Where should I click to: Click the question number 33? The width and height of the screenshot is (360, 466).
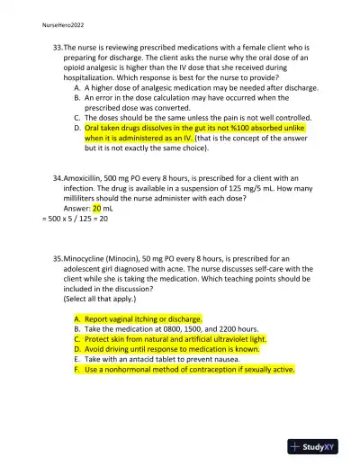click(x=58, y=46)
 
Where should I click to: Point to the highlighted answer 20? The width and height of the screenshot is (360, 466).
click(x=97, y=208)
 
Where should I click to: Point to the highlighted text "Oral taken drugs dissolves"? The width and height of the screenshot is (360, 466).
click(x=135, y=129)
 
